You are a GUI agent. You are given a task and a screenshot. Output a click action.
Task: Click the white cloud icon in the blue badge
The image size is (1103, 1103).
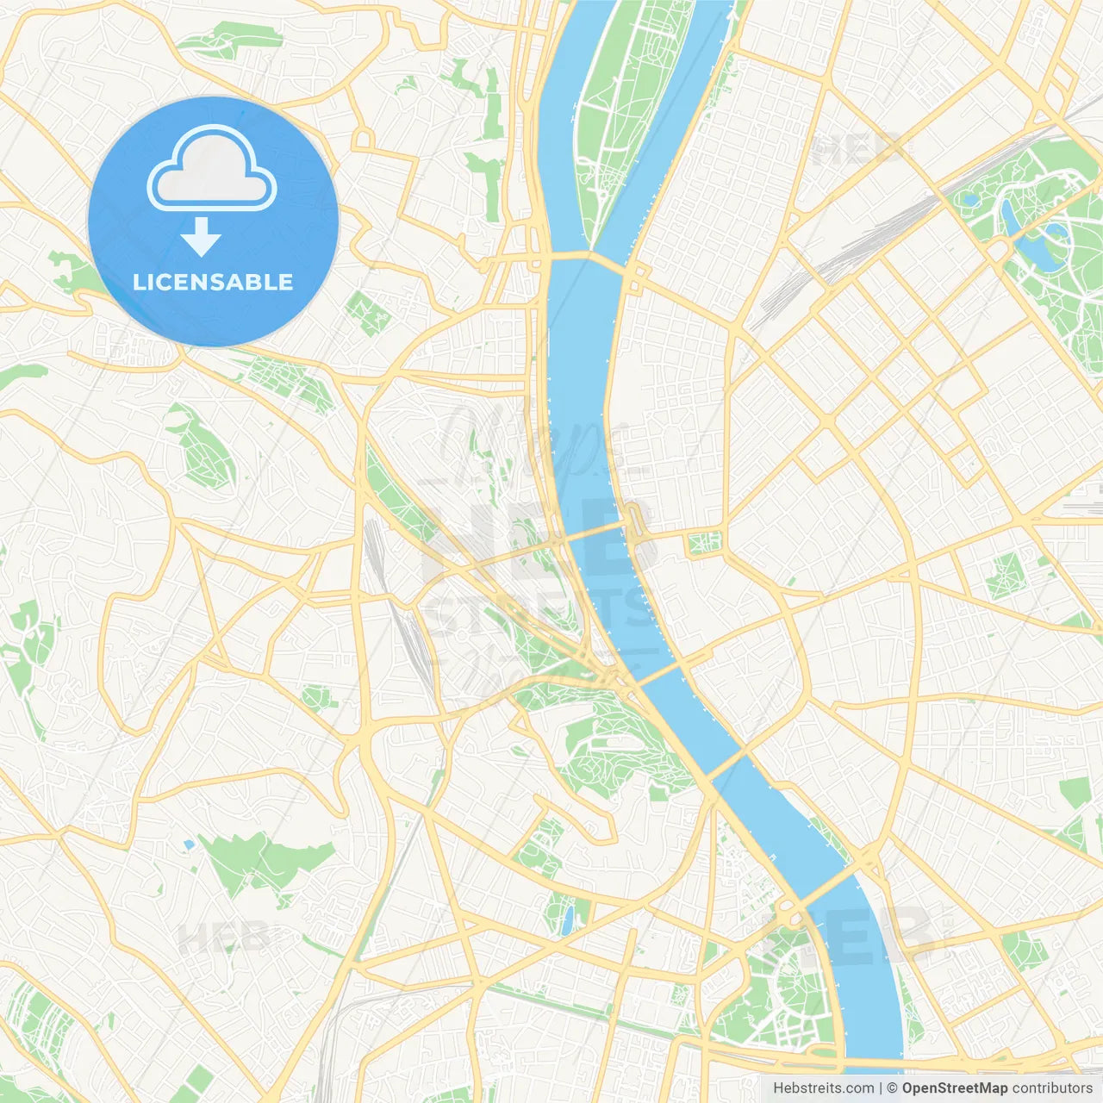(212, 169)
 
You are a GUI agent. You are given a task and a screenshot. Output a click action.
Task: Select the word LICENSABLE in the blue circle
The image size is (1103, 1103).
(213, 282)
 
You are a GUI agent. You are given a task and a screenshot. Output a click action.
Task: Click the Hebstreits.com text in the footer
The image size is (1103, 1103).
(823, 1088)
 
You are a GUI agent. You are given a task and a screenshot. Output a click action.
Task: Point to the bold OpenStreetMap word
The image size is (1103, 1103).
(954, 1088)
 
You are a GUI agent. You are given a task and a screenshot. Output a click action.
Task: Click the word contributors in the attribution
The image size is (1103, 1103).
(1051, 1088)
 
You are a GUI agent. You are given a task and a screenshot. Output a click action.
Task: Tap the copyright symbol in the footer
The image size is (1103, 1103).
(892, 1088)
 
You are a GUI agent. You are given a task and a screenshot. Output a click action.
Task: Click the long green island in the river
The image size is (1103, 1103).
(629, 112)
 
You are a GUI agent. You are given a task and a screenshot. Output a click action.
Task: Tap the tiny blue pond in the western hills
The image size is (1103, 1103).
(188, 845)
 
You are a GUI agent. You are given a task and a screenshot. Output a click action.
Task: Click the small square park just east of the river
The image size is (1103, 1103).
(704, 543)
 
